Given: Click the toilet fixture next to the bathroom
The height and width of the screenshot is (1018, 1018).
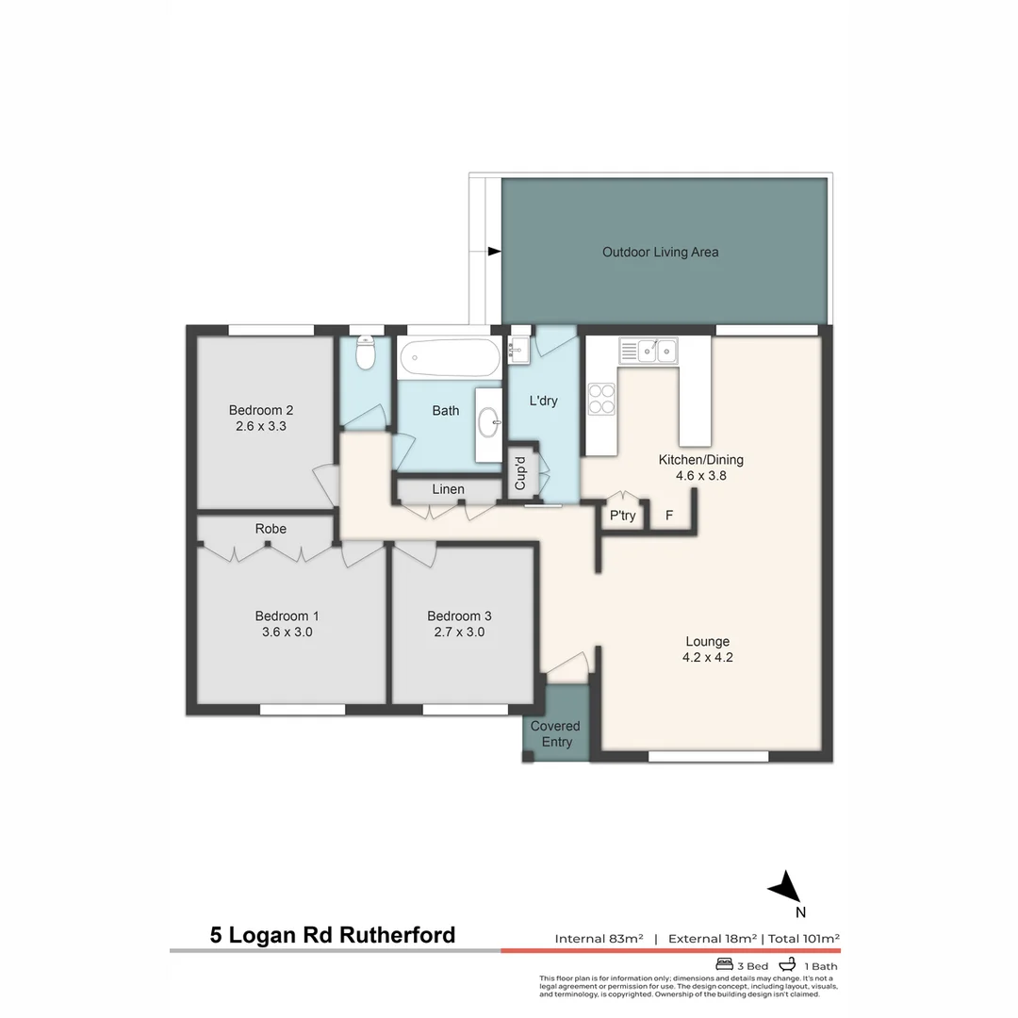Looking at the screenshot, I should coord(365,354).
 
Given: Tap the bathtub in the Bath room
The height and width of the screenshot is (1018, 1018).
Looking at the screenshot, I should coord(449,358).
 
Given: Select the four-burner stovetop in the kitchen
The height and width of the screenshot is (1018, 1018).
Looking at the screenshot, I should coord(601,400).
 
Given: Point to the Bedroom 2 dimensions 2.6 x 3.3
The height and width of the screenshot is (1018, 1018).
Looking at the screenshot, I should coord(261,426).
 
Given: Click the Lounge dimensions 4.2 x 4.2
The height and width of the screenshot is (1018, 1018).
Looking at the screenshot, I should coord(708,658).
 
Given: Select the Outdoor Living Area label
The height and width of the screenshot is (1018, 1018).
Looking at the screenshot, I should coord(660,252).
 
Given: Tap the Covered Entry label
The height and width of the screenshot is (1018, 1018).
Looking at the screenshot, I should coord(555,734).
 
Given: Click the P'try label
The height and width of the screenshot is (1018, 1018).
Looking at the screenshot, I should coord(622,516).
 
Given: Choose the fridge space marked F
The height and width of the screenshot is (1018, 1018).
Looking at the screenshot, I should coord(669,516).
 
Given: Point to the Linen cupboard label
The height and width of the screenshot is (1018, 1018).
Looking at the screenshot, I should coord(448,489).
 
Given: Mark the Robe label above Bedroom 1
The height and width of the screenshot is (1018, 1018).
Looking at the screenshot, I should coord(271,529).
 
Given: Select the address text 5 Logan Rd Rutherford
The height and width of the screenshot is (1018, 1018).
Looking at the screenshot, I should coord(332,935).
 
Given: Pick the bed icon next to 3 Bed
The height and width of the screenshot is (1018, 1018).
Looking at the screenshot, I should coord(725,964).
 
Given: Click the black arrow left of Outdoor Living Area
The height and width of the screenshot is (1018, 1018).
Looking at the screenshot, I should coord(494,251).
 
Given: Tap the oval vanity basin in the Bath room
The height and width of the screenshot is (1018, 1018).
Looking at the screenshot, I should coord(489,423).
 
